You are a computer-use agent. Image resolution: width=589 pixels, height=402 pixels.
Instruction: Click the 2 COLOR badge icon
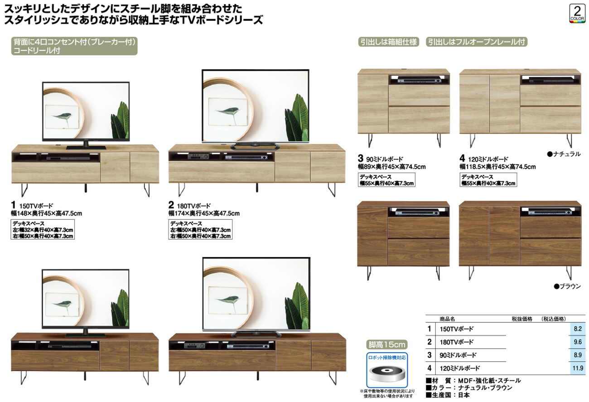[x=577, y=14]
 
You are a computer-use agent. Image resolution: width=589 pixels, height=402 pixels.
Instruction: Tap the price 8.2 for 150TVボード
[x=578, y=329]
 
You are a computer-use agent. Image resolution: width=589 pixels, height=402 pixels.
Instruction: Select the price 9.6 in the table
[x=578, y=342]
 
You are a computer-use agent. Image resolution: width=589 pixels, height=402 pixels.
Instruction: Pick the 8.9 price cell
[x=578, y=355]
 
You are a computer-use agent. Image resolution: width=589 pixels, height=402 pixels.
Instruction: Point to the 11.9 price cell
[x=578, y=368]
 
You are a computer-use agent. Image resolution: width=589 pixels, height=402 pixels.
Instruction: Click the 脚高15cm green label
[x=387, y=344]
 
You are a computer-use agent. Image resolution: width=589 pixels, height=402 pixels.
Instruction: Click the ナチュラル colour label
[x=564, y=154]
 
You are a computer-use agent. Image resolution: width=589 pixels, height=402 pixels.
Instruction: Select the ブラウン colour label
[x=567, y=286]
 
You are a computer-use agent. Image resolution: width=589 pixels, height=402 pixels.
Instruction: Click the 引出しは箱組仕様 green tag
[x=389, y=42]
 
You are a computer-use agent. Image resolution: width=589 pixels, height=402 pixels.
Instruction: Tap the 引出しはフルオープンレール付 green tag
[x=477, y=42]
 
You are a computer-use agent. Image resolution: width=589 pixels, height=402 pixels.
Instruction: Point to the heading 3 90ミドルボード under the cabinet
[x=380, y=159]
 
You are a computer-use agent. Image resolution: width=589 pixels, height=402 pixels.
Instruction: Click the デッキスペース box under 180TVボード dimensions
[x=200, y=230]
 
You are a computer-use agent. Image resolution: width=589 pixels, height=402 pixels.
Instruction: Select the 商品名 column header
[x=447, y=319]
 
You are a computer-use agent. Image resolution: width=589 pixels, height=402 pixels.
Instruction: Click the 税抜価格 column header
[x=522, y=319]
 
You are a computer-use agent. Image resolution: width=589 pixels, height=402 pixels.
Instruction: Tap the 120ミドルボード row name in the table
[x=460, y=368]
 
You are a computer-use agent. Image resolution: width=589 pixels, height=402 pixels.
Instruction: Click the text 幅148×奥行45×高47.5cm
[x=47, y=213]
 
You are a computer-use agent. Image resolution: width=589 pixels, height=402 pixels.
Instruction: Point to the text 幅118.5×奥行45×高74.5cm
[x=497, y=167]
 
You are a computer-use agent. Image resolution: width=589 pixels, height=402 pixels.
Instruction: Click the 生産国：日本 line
[x=448, y=395]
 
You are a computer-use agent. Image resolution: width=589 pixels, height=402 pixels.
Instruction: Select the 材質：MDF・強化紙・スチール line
[x=473, y=381]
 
